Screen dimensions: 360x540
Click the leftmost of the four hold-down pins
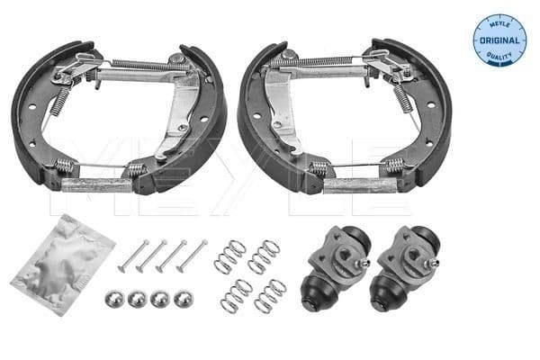click(x=130, y=255)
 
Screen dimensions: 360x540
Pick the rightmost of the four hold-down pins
click(x=194, y=255)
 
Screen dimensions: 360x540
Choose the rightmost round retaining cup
click(x=184, y=299)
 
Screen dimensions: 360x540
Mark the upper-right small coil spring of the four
click(x=265, y=256)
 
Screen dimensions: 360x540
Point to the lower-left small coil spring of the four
click(x=235, y=295)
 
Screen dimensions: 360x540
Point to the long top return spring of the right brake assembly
click(x=324, y=61)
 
